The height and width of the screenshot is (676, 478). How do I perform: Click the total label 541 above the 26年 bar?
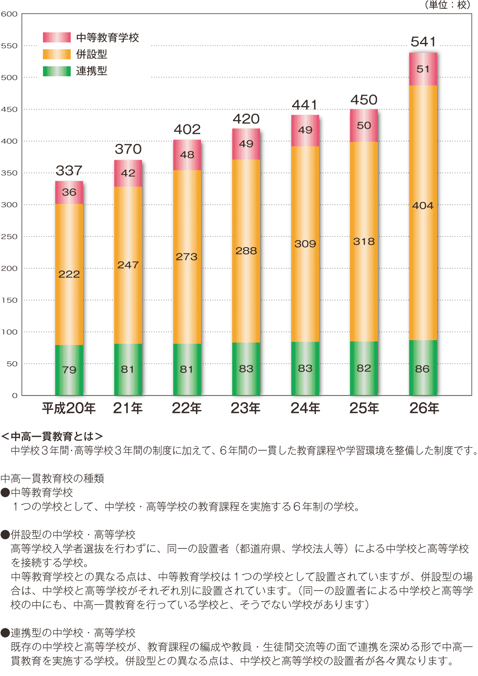click(x=423, y=42)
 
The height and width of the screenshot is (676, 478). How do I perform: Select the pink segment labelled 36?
click(x=69, y=192)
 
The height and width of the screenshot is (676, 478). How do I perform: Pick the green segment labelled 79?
click(x=69, y=370)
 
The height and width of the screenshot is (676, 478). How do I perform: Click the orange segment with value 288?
click(x=246, y=251)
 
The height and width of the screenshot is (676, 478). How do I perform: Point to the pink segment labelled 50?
click(x=364, y=126)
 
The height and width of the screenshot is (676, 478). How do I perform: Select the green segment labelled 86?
click(x=423, y=368)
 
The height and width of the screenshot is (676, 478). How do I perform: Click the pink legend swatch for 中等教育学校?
click(x=57, y=37)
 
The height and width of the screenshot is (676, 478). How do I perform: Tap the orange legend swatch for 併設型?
click(x=57, y=54)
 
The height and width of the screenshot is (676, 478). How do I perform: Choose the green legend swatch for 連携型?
click(x=57, y=71)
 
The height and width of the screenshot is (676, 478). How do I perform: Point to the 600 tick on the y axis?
click(x=9, y=14)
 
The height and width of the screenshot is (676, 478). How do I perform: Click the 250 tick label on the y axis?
click(x=9, y=237)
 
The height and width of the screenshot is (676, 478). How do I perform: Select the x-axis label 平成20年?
click(x=69, y=408)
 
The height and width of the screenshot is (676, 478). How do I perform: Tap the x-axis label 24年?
click(x=305, y=408)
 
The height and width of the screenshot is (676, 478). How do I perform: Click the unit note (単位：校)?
click(x=447, y=5)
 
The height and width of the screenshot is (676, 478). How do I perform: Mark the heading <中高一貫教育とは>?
click(x=52, y=436)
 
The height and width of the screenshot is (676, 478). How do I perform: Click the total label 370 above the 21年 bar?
click(x=128, y=149)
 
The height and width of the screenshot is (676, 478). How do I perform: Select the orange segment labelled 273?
click(x=187, y=257)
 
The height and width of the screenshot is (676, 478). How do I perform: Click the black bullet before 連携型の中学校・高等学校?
click(x=5, y=633)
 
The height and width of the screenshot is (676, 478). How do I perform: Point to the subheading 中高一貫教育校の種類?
click(x=52, y=478)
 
